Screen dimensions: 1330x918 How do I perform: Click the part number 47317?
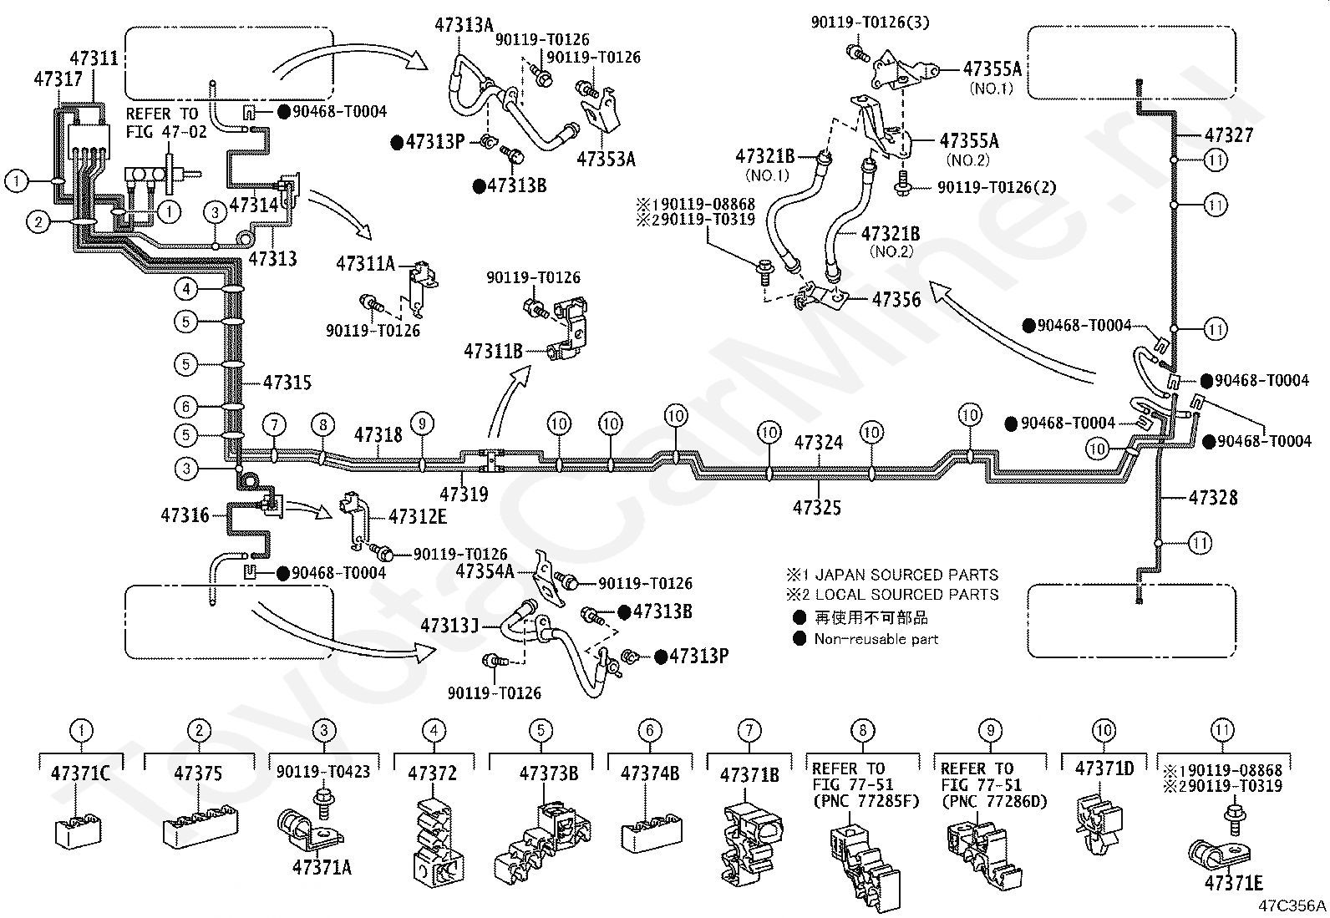pos(58,79)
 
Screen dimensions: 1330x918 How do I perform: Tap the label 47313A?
pos(464,25)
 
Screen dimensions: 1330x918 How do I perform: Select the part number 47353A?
pos(607,160)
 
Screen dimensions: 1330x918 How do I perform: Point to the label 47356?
pos(896,299)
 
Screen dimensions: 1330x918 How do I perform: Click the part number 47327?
pos(1229,135)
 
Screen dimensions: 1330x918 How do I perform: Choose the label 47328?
pos(1213,498)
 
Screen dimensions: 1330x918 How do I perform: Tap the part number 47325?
pos(817,507)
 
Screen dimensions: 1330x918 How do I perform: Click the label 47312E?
pos(418,516)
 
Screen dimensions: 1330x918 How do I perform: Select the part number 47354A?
pos(485,571)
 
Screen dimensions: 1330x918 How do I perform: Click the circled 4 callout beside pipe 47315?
pos(185,289)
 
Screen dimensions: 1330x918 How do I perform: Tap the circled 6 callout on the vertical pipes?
pos(185,407)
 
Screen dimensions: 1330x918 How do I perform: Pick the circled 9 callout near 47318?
pos(422,424)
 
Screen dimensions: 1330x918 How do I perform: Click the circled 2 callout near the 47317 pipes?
pos(38,223)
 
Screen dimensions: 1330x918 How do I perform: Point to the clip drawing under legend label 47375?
pos(201,824)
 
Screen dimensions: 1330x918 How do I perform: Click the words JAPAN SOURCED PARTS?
pos(906,575)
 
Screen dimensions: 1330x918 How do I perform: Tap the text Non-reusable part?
pos(876,640)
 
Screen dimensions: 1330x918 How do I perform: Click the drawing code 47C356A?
pos(1292,905)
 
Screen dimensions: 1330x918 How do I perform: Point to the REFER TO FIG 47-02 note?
pos(166,122)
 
